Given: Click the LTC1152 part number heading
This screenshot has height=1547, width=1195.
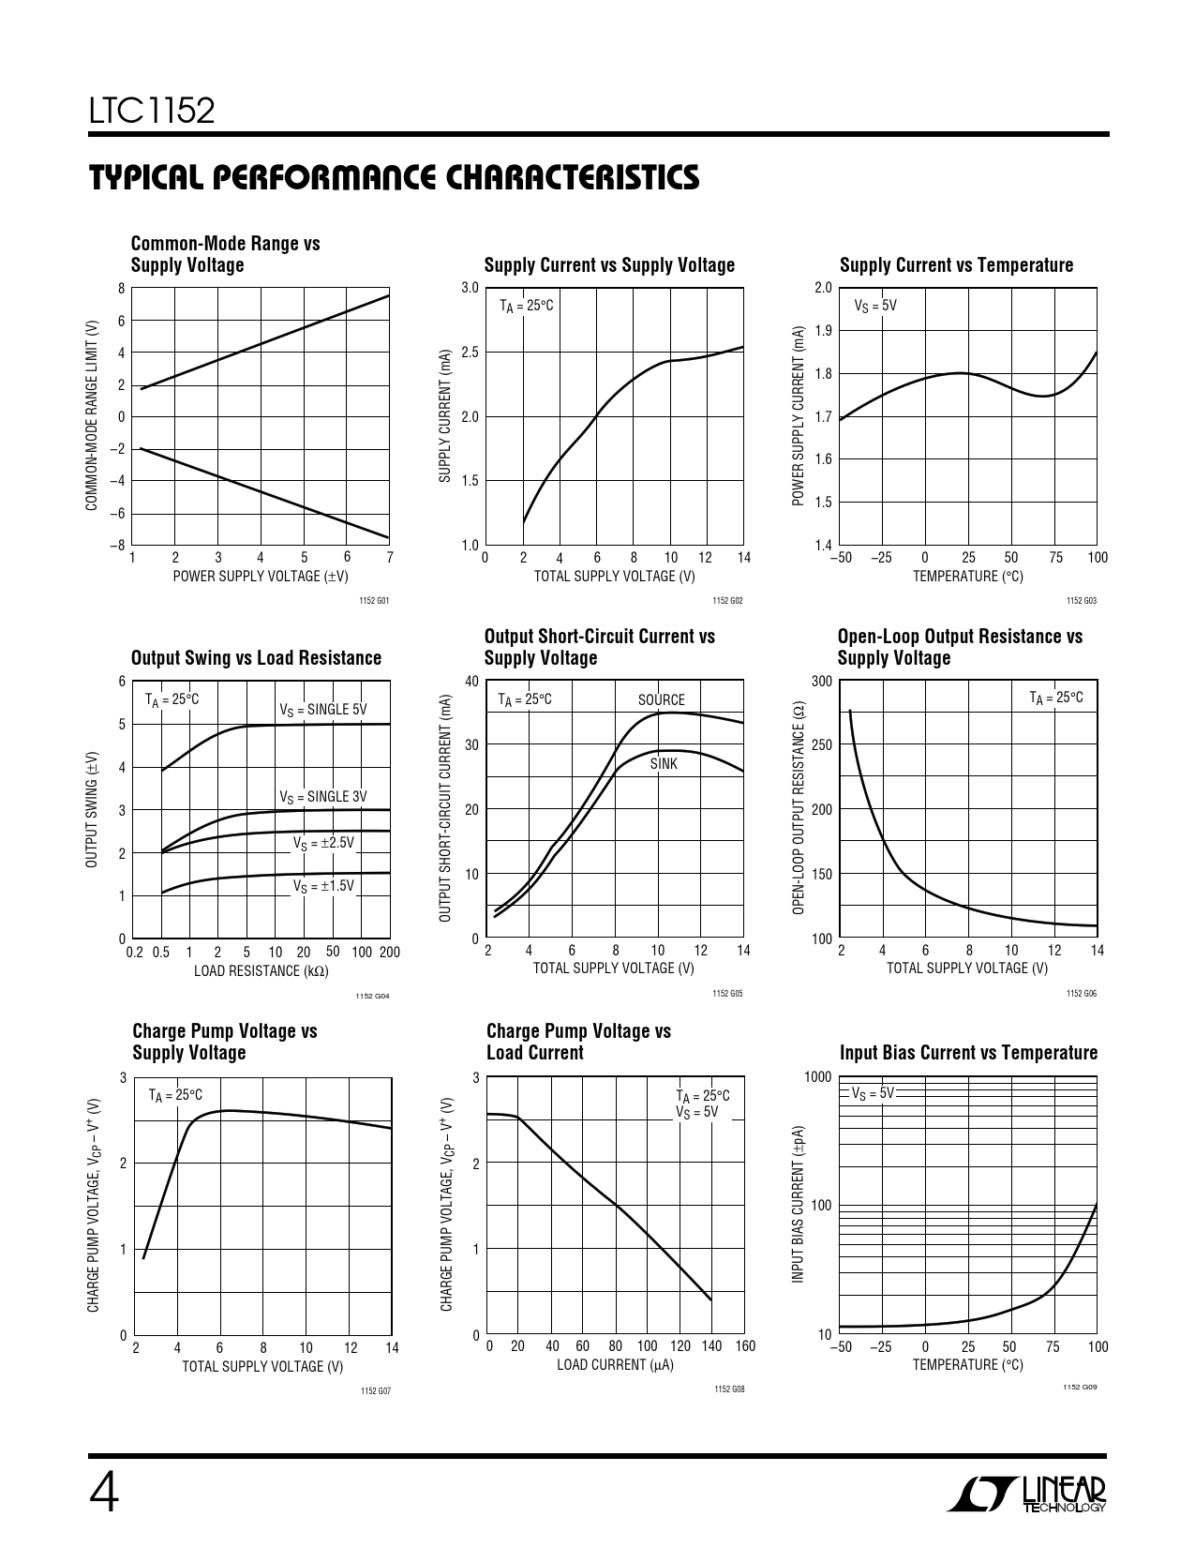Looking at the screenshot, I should (153, 112).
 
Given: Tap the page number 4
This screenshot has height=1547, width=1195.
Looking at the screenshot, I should (104, 1494).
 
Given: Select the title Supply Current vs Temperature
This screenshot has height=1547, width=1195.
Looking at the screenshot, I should (956, 265).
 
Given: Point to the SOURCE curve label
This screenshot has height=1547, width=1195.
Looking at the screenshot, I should (662, 699).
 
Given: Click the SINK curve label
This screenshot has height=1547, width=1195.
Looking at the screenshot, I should (664, 764).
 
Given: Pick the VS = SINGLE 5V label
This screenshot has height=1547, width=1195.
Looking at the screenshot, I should (323, 710).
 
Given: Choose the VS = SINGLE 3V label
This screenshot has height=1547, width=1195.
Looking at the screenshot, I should (323, 797).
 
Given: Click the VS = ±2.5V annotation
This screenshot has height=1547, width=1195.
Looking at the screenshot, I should (324, 843).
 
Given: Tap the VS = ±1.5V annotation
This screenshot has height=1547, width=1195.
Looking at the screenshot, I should (324, 886).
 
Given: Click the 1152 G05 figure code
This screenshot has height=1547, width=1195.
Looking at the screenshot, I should (727, 993).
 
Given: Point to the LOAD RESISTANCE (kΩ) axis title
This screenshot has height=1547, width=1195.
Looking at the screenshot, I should (261, 971).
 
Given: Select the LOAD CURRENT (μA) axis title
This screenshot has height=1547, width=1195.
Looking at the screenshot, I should (615, 1365).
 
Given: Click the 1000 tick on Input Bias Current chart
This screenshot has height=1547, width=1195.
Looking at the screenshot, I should (817, 1077).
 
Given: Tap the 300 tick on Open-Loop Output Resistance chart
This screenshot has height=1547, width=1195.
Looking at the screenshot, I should (821, 681).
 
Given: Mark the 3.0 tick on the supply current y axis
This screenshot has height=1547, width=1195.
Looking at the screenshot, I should (470, 288).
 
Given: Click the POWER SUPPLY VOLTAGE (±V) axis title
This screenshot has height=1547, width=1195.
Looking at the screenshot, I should (261, 577).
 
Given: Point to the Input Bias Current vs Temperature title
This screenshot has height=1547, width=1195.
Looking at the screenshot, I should (968, 1053).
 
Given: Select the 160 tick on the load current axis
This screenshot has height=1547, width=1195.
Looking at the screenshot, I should (744, 1346).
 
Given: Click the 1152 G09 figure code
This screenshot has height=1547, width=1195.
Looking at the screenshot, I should (1079, 1387).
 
